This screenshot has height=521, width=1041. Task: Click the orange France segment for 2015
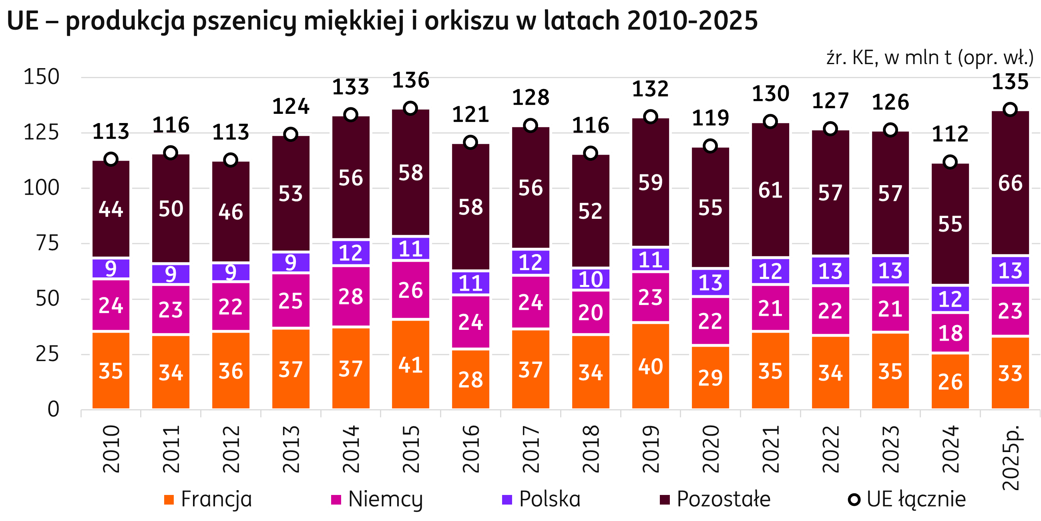[410, 364]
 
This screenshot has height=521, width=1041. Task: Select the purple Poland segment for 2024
[950, 299]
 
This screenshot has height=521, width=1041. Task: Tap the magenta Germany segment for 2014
[350, 296]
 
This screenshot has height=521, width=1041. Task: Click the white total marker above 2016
[470, 142]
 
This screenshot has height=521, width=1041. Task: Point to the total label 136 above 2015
[410, 80]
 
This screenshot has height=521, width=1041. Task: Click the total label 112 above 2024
[950, 134]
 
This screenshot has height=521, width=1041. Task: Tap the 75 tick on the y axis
[47, 244]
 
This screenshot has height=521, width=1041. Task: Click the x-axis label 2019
[651, 449]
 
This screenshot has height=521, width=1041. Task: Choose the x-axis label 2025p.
[1011, 457]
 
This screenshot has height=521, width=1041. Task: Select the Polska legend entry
[540, 499]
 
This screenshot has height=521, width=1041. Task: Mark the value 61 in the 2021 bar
[770, 190]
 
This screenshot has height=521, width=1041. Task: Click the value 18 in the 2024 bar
[950, 333]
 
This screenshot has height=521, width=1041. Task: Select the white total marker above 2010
[111, 160]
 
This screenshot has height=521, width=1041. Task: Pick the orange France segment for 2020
[710, 378]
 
